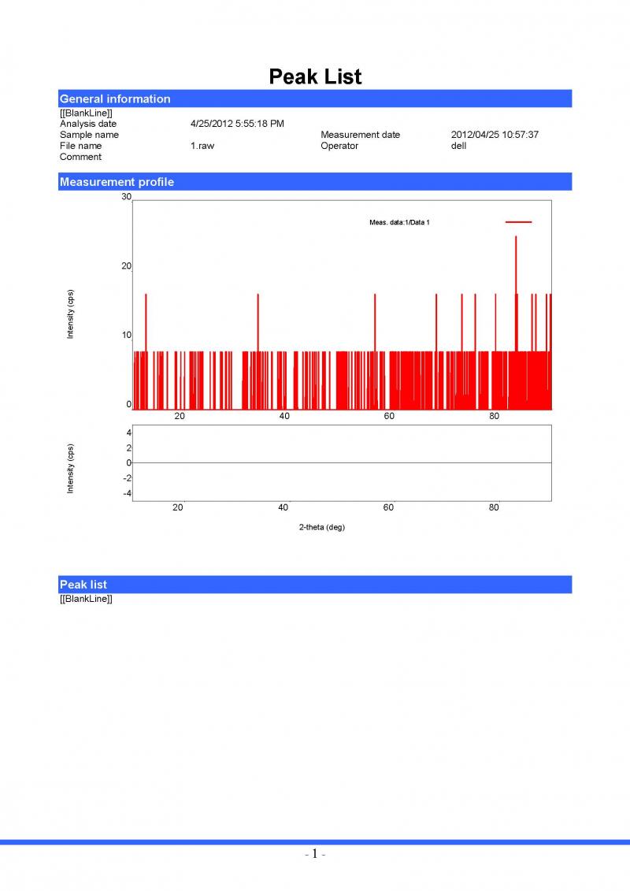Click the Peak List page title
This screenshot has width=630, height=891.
pos(315,76)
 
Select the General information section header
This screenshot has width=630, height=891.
pos(115,99)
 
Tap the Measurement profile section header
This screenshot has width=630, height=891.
pos(117,182)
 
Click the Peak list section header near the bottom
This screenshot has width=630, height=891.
pos(83,585)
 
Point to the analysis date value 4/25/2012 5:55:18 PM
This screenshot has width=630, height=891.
pos(237,124)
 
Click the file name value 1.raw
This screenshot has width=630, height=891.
pos(202,146)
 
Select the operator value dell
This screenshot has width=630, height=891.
pos(458,146)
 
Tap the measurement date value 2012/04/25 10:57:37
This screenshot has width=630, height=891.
pos(495,135)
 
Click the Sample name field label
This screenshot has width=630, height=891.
pos(89,135)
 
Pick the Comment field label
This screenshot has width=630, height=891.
pos(80,157)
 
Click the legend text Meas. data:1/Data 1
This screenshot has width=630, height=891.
pos(399,223)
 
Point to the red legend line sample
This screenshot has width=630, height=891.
pos(518,222)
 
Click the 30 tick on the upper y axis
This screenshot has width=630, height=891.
pos(126,198)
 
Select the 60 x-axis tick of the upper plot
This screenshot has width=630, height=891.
pos(389,417)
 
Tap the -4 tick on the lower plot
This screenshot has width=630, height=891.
pos(125,493)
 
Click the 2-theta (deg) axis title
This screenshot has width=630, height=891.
pos(321,527)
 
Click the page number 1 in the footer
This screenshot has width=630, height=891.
pos(314,854)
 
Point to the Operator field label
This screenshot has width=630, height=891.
pos(339,146)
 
